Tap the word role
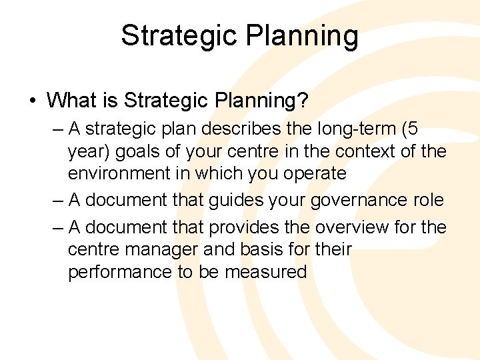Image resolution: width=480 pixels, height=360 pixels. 429,200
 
